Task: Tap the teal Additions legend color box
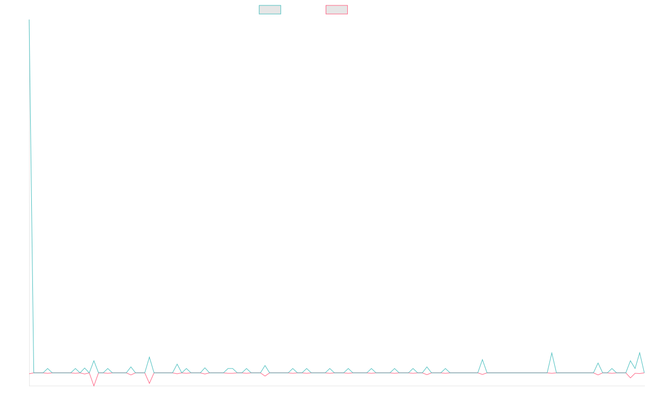270,10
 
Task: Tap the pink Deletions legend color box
337,10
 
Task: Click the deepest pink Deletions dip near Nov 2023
94,386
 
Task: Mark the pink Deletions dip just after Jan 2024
149,384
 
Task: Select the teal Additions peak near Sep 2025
552,353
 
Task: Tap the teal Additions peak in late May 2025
483,359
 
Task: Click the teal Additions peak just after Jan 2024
149,357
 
